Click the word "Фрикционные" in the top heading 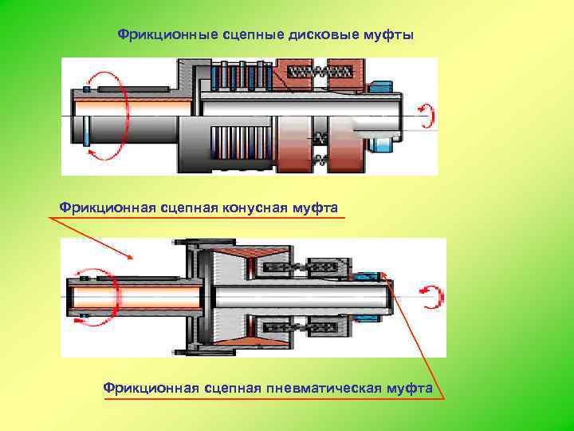(157, 36)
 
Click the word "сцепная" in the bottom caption (233, 388)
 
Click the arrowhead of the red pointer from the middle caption (129, 255)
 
